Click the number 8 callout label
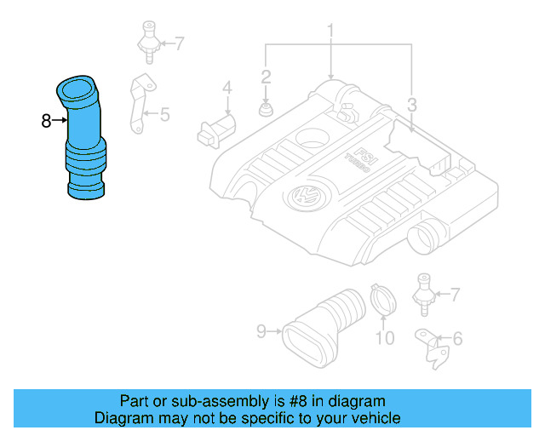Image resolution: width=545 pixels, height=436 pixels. (x=46, y=121)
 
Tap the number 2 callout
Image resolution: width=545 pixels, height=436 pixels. (x=266, y=77)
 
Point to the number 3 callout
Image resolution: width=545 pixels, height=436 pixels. (x=411, y=106)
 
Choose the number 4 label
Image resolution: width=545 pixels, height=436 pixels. (x=227, y=88)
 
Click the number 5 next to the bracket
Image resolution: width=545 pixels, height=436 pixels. (x=165, y=112)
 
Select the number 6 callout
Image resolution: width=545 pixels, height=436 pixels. (x=457, y=339)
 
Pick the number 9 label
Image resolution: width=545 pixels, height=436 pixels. (x=261, y=330)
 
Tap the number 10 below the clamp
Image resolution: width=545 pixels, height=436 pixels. (x=385, y=338)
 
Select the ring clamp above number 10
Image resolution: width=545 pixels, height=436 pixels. (x=383, y=300)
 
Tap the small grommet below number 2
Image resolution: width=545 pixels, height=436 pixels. (x=266, y=109)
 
